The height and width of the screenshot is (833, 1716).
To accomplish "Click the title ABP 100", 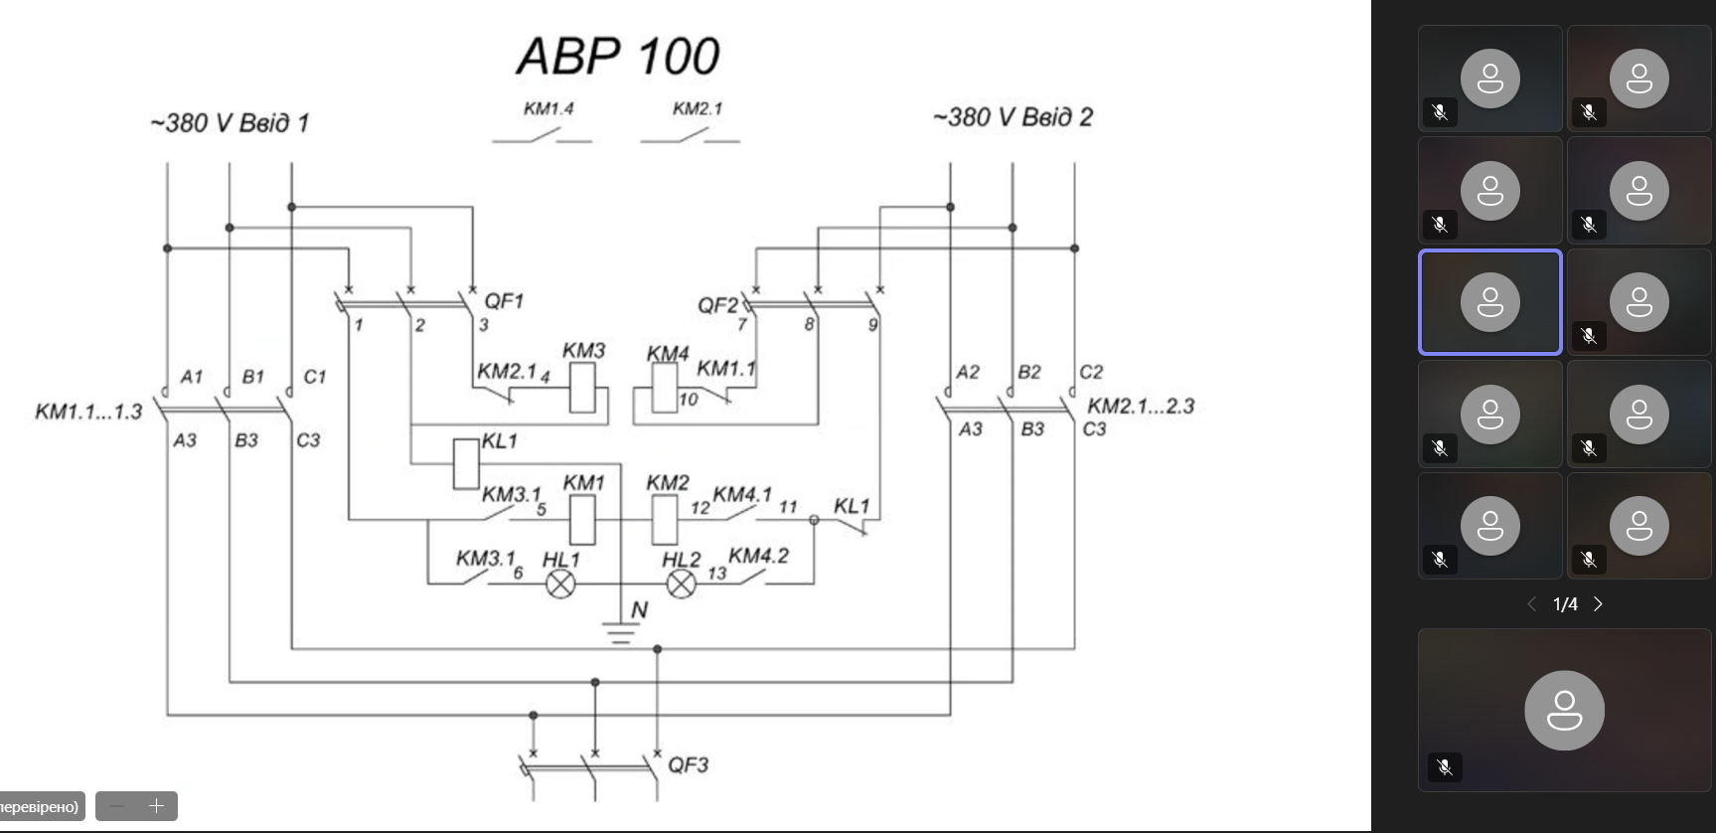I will (618, 57).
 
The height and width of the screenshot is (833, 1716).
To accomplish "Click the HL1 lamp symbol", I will (560, 583).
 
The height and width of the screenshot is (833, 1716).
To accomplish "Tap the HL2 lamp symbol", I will (681, 583).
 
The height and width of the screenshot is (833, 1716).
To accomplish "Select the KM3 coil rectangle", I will (582, 388).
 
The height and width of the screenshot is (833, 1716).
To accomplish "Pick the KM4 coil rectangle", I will (664, 389).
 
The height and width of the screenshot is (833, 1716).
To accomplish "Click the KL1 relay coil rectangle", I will (465, 463).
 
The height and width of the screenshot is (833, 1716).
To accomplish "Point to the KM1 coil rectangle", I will (582, 519).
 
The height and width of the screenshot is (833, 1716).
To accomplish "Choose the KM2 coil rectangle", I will (664, 519).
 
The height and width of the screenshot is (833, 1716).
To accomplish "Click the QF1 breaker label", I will (504, 300).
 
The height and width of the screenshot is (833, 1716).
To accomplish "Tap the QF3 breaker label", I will (688, 764).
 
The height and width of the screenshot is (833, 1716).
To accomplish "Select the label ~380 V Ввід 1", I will (230, 123).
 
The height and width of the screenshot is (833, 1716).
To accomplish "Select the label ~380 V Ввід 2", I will (1013, 117).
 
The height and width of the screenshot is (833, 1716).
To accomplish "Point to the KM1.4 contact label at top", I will (548, 108).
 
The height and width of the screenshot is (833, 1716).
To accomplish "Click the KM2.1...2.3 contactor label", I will (1141, 406).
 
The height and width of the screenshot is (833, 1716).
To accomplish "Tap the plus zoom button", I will (156, 806).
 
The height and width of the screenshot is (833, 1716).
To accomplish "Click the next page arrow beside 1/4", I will (1598, 604).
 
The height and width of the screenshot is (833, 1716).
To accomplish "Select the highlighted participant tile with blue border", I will (1489, 302).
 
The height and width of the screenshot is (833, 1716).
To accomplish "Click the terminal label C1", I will (314, 377).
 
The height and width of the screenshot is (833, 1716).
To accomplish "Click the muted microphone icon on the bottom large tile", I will (1445, 766).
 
